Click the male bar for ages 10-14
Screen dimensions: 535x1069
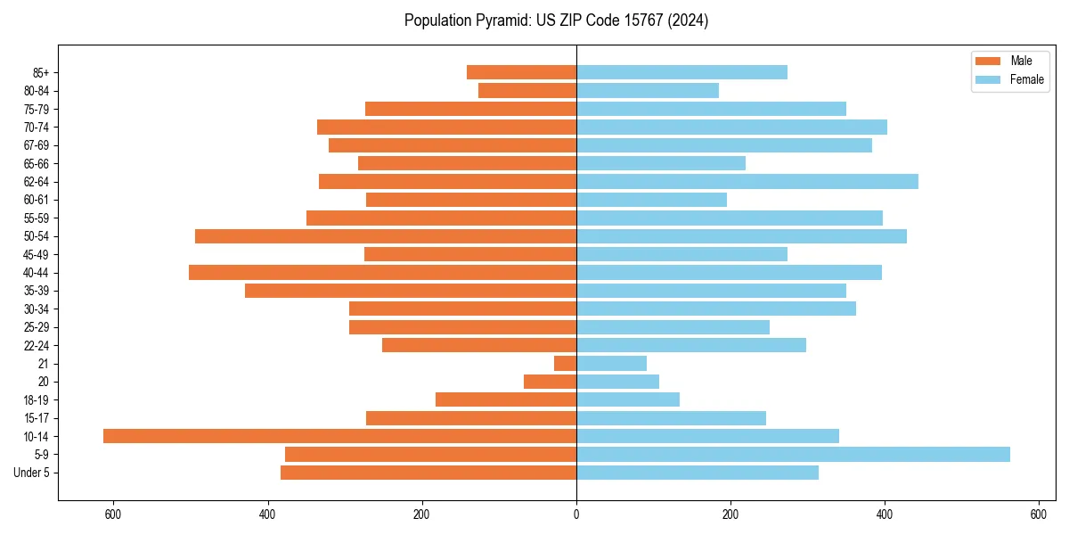(339, 436)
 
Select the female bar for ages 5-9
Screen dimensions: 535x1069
(793, 454)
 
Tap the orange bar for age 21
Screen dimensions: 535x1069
(566, 363)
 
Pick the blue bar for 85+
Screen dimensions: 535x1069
(681, 72)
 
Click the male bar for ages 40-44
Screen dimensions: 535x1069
(382, 272)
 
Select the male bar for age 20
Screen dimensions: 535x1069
(551, 382)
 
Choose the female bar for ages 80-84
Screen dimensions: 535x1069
(648, 90)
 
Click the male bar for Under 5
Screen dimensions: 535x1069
(428, 473)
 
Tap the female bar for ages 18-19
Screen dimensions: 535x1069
(628, 399)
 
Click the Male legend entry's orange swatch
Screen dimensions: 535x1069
(988, 62)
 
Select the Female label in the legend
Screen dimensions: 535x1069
(1027, 79)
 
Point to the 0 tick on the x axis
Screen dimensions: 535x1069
(576, 514)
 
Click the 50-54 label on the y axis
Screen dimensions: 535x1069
(37, 236)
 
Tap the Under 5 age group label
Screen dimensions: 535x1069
(32, 473)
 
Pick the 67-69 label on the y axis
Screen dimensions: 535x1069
(37, 145)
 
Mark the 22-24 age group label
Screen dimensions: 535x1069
(37, 345)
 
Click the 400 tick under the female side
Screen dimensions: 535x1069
(885, 514)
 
